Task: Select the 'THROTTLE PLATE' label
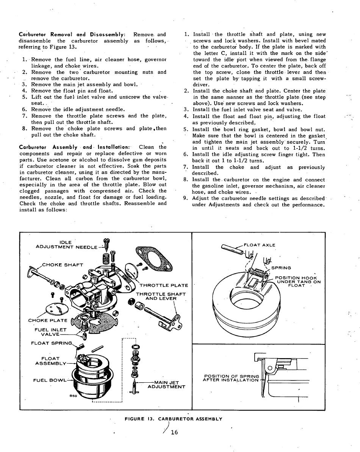(x=164, y=285)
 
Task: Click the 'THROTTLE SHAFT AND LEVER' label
(x=161, y=296)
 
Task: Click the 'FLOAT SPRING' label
(x=53, y=343)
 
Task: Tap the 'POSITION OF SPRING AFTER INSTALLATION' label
(x=231, y=378)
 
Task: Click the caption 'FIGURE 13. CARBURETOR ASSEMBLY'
(x=173, y=419)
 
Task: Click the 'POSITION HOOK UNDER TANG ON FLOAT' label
(x=298, y=282)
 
